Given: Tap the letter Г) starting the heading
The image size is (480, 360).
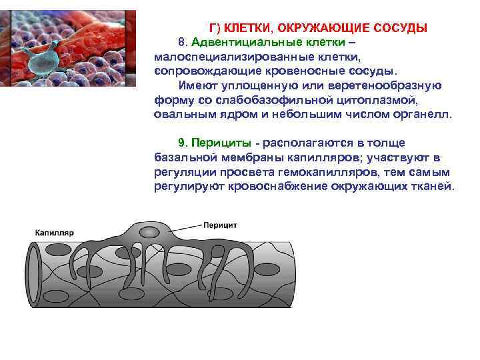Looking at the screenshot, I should pyautogui.click(x=215, y=28).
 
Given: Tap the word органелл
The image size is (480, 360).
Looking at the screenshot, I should pyautogui.click(x=424, y=114).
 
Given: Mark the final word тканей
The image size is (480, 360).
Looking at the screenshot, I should pyautogui.click(x=433, y=186).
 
